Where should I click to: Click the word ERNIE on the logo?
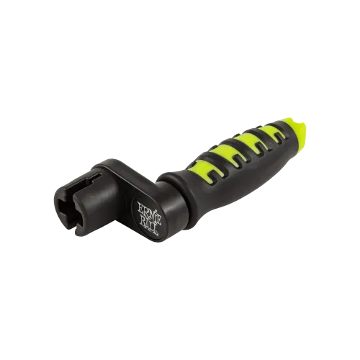tap(146, 210)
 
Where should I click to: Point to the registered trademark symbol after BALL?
tap(157, 233)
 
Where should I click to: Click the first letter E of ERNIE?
tap(139, 207)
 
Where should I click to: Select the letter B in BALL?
tap(143, 219)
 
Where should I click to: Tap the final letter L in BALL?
tap(155, 228)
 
